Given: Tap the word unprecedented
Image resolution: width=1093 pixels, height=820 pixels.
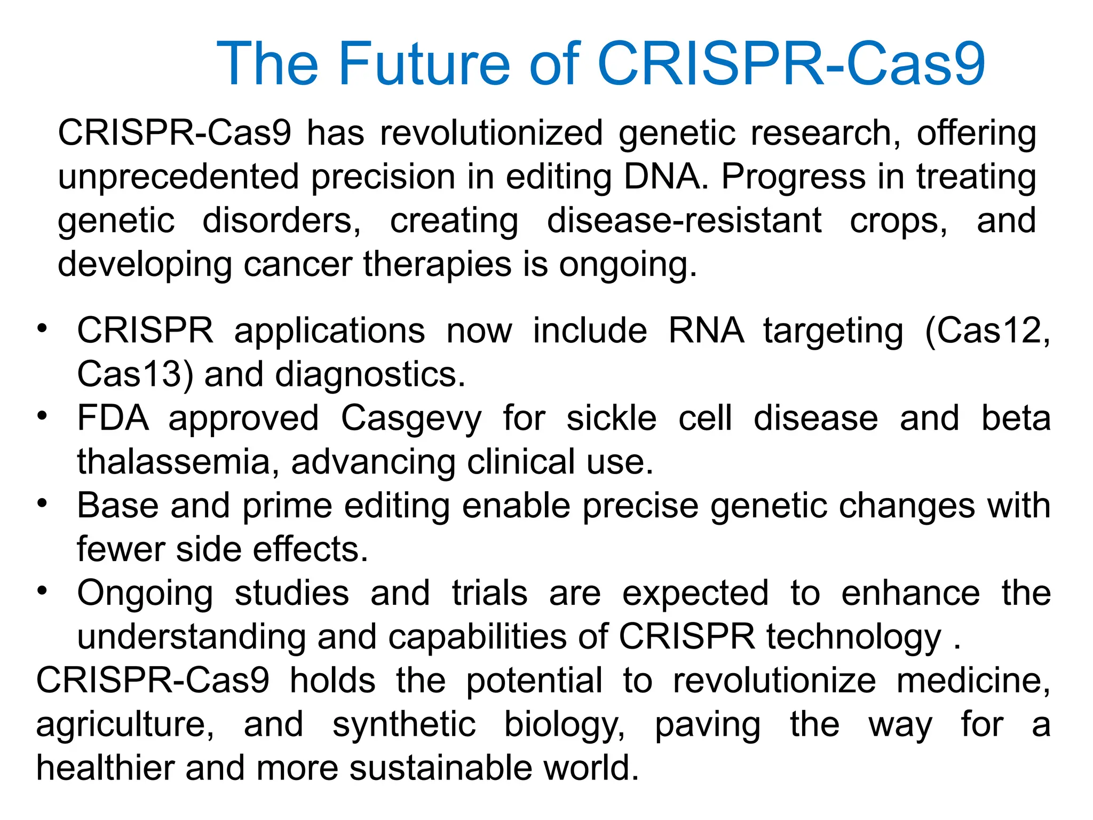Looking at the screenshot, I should click(x=178, y=177).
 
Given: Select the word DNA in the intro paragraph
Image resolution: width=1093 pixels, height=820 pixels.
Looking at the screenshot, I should click(x=666, y=177).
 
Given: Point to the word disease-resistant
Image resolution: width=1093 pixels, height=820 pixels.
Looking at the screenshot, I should click(x=684, y=220).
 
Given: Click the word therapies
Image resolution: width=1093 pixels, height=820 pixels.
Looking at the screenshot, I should click(x=437, y=264).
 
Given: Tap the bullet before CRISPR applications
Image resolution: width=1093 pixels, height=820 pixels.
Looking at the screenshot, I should click(x=43, y=326).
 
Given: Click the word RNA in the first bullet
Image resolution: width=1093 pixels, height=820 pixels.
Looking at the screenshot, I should click(x=706, y=330).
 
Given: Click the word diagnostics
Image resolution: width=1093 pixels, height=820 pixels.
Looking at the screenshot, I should click(x=370, y=375).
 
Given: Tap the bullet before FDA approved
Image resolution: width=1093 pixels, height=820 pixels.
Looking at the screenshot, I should click(x=43, y=414).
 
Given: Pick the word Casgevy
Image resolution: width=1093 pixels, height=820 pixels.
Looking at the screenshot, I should click(x=411, y=419).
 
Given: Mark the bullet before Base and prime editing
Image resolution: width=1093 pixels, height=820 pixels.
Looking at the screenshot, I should click(x=43, y=501).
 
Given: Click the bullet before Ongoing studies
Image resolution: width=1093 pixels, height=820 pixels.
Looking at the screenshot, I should click(x=43, y=589).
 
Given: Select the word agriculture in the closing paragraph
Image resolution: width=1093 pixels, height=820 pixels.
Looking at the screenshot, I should click(x=125, y=726).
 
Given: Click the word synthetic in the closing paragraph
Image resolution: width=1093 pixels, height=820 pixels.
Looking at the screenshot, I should click(x=404, y=724).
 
